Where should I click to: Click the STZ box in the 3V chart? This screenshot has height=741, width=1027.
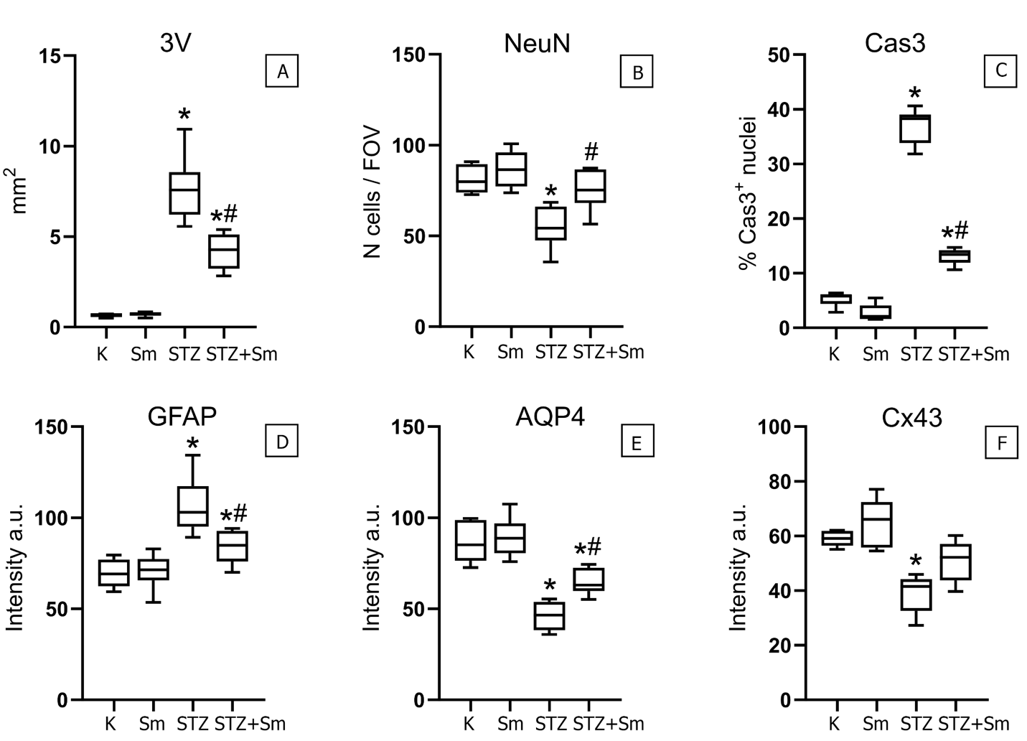[184, 193]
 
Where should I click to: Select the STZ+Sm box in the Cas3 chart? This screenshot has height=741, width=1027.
[955, 256]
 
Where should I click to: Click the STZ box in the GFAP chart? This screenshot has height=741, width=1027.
[192, 506]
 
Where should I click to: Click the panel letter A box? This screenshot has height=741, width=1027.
[282, 72]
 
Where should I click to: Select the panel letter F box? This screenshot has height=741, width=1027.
[1001, 444]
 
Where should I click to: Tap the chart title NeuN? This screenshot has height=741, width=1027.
[537, 43]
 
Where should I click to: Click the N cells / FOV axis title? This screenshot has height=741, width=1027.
[373, 192]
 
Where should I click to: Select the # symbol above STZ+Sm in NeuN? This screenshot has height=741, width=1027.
[591, 152]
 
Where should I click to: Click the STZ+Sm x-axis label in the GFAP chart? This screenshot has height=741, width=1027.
[250, 722]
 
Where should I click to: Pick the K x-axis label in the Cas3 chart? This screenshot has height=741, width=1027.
[833, 353]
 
